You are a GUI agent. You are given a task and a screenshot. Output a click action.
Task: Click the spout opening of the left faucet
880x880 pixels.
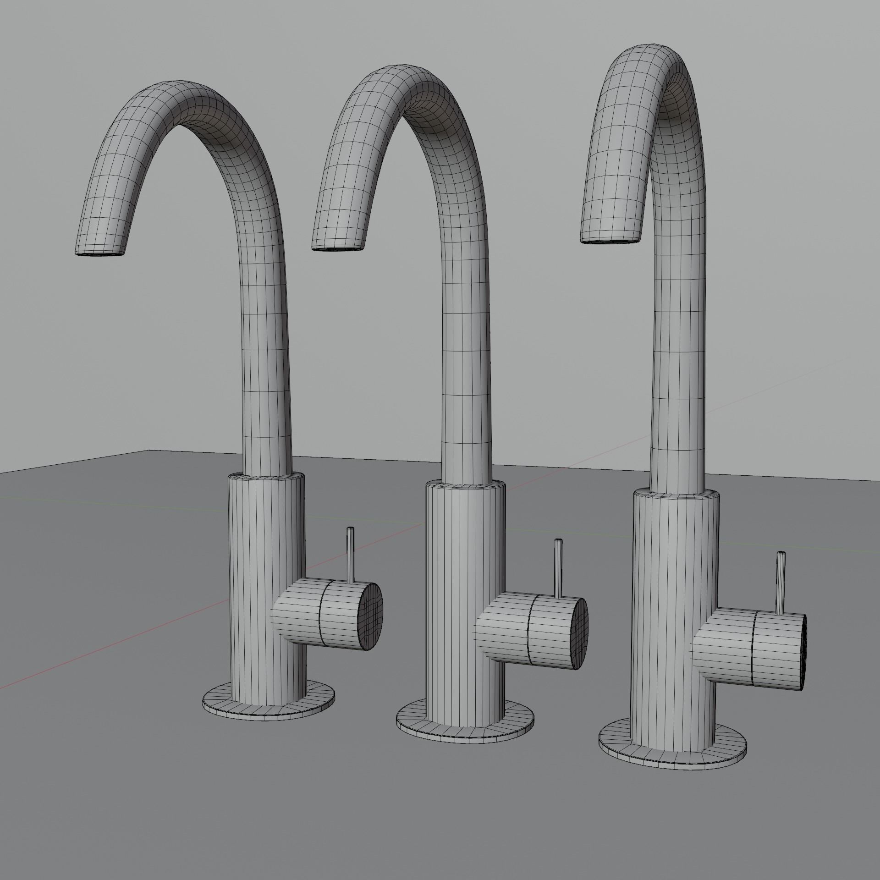99,253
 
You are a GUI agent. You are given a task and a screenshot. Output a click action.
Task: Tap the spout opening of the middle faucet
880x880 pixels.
338,248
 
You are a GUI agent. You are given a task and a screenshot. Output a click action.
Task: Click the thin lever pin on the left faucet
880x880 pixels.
351,554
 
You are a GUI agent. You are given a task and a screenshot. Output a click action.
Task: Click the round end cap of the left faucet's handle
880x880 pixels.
371,616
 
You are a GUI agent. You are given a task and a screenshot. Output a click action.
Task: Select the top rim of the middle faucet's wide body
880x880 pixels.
466,484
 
